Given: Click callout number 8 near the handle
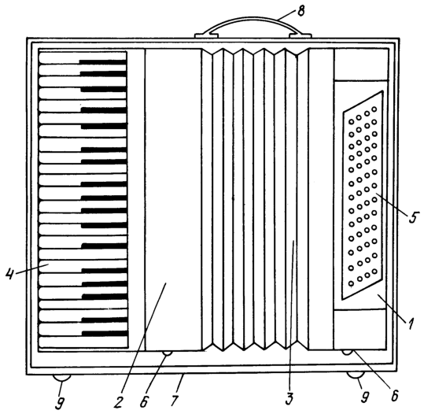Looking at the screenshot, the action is pos(300,12).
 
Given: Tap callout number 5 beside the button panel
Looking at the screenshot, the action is pos(413,217).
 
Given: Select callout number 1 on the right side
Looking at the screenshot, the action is pos(411,324).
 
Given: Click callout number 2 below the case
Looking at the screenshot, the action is pos(118,402).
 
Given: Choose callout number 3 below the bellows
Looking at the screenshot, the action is pos(289,399).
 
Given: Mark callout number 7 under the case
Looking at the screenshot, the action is pos(175,401).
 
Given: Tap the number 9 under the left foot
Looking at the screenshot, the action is pos(60,403).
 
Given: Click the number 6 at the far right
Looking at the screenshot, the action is pos(395,396).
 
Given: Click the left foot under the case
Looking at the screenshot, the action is pos(61,378).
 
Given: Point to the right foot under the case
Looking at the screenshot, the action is pos(356,375).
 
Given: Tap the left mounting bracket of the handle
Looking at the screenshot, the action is pos(207,35).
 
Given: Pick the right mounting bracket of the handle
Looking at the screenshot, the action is pos(300,35).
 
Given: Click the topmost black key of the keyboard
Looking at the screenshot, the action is pos(103,62).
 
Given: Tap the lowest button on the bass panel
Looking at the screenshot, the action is pos(352,284).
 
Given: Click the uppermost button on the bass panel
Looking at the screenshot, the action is pos(374,109).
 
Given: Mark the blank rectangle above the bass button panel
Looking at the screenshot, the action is pos(361,65).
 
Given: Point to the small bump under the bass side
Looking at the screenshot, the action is pos(347,353).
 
